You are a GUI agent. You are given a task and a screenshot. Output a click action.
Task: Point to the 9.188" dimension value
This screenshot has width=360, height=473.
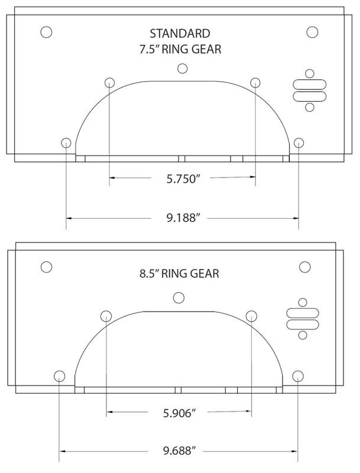coord(182,219)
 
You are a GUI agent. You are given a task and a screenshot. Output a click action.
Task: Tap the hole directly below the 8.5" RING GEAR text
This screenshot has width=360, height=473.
coord(178,297)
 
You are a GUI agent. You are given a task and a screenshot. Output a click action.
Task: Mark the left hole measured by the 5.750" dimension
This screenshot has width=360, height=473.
coord(110,83)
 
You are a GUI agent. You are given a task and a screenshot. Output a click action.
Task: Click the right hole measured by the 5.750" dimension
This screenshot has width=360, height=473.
coord(255,83)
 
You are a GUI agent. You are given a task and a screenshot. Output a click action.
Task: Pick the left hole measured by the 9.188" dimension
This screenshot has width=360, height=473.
coord(66,142)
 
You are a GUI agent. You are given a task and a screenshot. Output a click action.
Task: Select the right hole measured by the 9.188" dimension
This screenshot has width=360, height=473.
coord(299,142)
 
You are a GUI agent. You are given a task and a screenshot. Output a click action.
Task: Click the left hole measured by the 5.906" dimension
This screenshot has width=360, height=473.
coord(106,315)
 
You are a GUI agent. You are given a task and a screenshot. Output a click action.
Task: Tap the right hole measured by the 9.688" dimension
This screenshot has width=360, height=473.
coord(298,376)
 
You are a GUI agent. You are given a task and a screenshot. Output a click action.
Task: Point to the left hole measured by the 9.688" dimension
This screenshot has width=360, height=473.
coord(59,376)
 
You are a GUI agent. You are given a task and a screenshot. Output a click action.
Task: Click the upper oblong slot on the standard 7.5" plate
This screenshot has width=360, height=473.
coord(307,85)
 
